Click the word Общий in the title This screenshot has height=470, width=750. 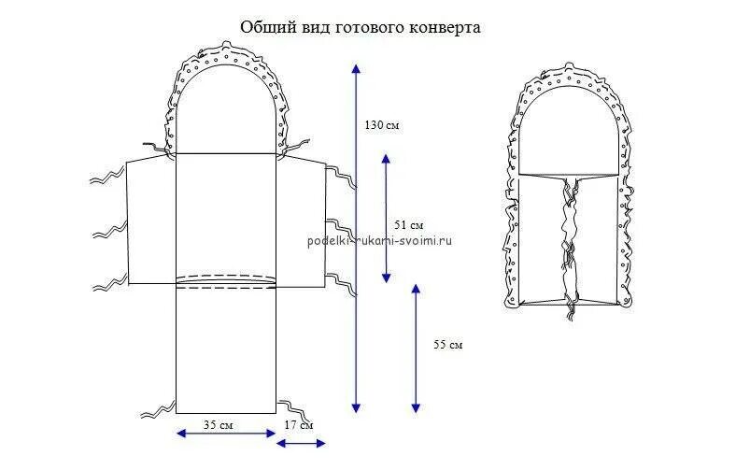pos(263,28)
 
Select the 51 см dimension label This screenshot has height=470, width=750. pos(409,225)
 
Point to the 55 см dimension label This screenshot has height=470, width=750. pos(448,345)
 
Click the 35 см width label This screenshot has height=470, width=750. pos(218,425)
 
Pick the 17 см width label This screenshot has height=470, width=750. pos(299,425)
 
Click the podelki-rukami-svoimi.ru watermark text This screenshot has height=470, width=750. pos(379,240)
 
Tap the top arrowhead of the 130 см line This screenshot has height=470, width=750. pos(354,67)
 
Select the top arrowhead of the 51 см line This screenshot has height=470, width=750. pos(386,158)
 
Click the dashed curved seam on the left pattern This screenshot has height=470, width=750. pos(226,278)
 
